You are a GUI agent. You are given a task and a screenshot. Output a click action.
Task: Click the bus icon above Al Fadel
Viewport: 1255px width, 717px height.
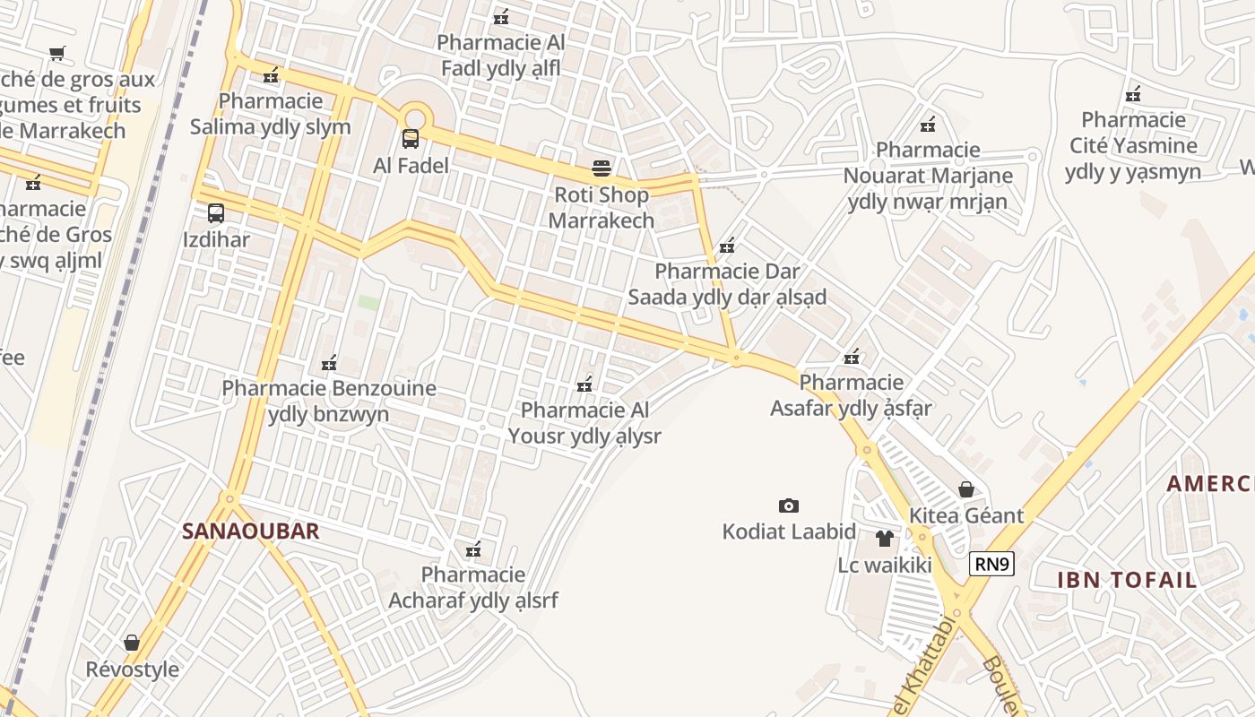pyautogui.click(x=411, y=139)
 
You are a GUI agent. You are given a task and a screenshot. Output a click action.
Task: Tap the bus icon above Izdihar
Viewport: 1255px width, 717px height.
pyautogui.click(x=216, y=213)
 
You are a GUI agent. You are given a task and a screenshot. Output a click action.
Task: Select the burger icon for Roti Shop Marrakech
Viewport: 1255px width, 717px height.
pyautogui.click(x=602, y=168)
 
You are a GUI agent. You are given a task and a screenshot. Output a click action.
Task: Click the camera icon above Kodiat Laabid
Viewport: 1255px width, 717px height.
pyautogui.click(x=789, y=505)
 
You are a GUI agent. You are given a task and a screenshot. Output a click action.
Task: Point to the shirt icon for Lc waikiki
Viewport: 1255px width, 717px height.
pyautogui.click(x=885, y=539)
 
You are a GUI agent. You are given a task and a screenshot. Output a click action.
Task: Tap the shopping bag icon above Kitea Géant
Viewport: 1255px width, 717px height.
pyautogui.click(x=966, y=489)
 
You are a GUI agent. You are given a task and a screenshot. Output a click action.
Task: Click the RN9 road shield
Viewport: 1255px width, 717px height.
pyautogui.click(x=991, y=564)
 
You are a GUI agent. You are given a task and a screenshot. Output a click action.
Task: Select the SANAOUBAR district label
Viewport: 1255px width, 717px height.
pyautogui.click(x=251, y=531)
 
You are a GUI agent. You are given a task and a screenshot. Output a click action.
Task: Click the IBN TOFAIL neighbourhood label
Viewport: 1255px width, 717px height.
pyautogui.click(x=1127, y=580)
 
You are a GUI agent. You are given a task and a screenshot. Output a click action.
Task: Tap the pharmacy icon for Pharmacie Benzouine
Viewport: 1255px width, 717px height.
pyautogui.click(x=329, y=363)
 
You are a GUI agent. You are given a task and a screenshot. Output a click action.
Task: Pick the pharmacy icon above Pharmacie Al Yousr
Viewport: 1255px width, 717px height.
pyautogui.click(x=584, y=384)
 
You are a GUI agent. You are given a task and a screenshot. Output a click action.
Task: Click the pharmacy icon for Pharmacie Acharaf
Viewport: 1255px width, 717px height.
pyautogui.click(x=472, y=549)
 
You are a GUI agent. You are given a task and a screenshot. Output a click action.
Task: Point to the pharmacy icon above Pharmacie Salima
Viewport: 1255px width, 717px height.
pyautogui.click(x=270, y=75)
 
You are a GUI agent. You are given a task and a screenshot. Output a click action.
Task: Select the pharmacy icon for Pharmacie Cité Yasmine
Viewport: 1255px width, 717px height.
pyautogui.click(x=1133, y=94)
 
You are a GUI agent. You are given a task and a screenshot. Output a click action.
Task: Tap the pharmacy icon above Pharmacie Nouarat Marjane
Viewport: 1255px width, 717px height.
pyautogui.click(x=928, y=125)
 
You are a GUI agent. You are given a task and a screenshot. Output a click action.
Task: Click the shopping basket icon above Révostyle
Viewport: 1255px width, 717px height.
pyautogui.click(x=132, y=644)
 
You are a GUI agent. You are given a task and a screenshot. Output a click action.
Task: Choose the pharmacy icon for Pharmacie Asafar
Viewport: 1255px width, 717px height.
pyautogui.click(x=852, y=358)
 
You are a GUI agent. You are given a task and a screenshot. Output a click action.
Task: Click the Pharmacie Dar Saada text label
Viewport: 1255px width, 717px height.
pyautogui.click(x=727, y=284)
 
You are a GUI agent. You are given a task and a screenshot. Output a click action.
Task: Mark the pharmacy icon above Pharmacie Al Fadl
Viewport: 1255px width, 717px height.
pyautogui.click(x=501, y=17)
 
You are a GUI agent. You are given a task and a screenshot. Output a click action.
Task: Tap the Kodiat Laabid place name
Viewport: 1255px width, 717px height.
pyautogui.click(x=789, y=531)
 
